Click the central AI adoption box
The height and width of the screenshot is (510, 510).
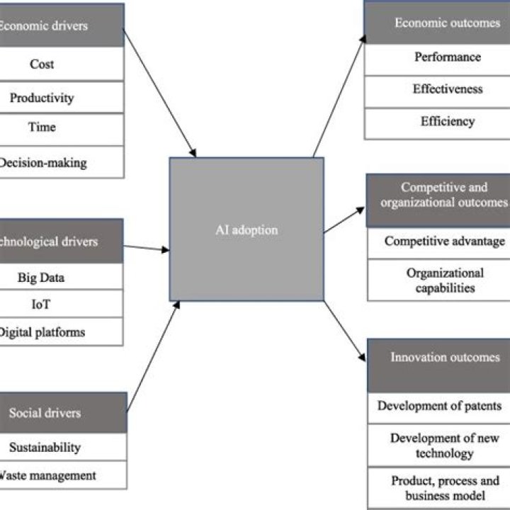[246, 229]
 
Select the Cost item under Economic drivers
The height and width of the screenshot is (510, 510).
[42, 64]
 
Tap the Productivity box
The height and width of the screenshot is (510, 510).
[42, 98]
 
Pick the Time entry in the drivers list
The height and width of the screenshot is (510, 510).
[42, 128]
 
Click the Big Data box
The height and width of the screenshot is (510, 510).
[42, 277]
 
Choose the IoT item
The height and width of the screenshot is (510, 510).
[42, 304]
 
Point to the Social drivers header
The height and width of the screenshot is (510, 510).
[45, 412]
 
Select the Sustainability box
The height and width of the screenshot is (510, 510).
[45, 447]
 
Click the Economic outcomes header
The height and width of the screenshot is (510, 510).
[437, 23]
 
